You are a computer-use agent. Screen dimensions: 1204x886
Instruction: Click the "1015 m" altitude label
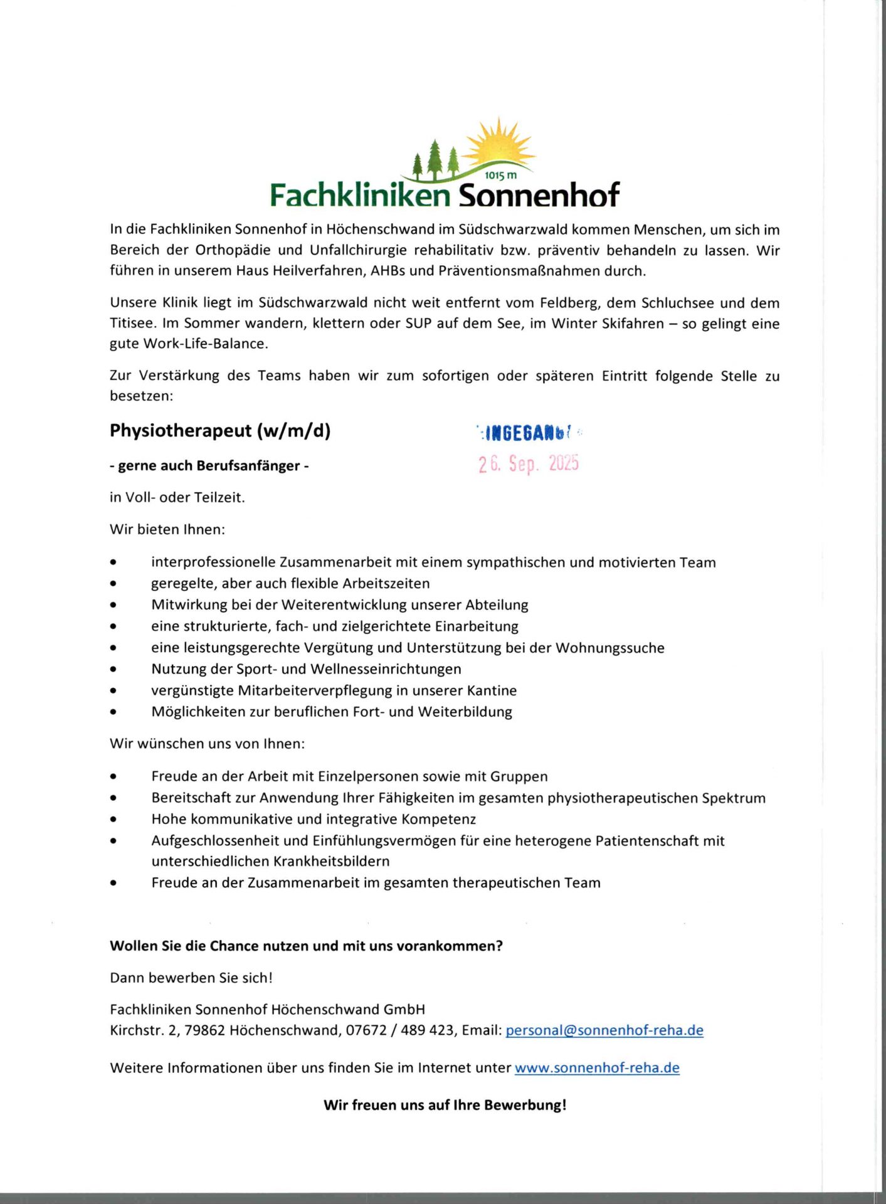pyautogui.click(x=501, y=176)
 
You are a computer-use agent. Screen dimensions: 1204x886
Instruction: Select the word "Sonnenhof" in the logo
pyautogui.click(x=539, y=195)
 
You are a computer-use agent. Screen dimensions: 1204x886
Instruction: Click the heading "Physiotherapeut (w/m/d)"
pyautogui.click(x=220, y=431)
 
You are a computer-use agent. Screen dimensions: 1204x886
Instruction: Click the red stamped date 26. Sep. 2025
pyautogui.click(x=528, y=463)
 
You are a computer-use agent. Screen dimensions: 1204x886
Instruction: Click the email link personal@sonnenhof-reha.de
pyautogui.click(x=604, y=1030)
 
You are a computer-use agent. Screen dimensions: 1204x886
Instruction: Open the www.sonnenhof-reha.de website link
pyautogui.click(x=596, y=1068)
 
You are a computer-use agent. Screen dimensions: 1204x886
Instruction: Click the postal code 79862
pyautogui.click(x=204, y=1030)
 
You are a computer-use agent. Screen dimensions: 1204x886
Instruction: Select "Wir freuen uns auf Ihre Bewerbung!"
pyautogui.click(x=445, y=1105)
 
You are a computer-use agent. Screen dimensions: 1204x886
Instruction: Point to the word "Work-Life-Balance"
pyautogui.click(x=206, y=344)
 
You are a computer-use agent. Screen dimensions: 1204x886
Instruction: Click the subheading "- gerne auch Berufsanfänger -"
pyautogui.click(x=209, y=465)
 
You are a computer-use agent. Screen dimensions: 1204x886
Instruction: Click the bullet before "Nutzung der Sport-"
pyautogui.click(x=113, y=669)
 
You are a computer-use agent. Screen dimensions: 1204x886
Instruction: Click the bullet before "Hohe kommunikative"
pyautogui.click(x=113, y=820)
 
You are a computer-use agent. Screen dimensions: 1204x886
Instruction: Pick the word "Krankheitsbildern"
pyautogui.click(x=331, y=861)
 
